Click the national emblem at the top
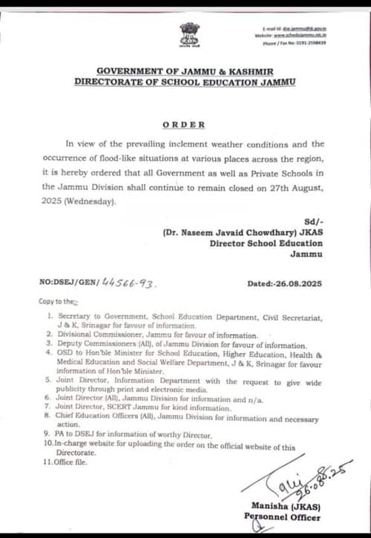(x=186, y=34)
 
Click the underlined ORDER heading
(x=185, y=125)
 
